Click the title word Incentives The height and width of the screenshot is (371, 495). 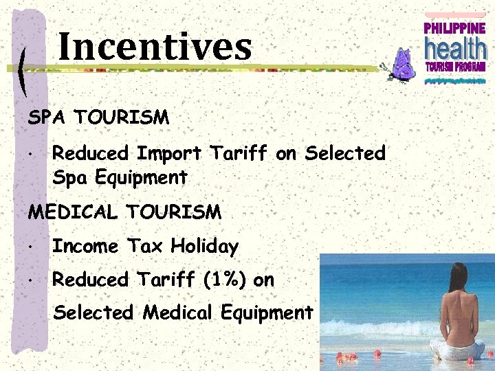[155, 47]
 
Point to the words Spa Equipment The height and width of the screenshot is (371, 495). [120, 178]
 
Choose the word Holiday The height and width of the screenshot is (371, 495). [204, 246]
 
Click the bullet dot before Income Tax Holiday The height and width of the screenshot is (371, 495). [32, 247]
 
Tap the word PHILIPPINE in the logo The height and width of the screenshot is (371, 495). [454, 28]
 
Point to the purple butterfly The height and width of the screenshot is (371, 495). [400, 65]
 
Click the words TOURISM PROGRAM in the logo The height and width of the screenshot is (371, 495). [454, 67]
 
